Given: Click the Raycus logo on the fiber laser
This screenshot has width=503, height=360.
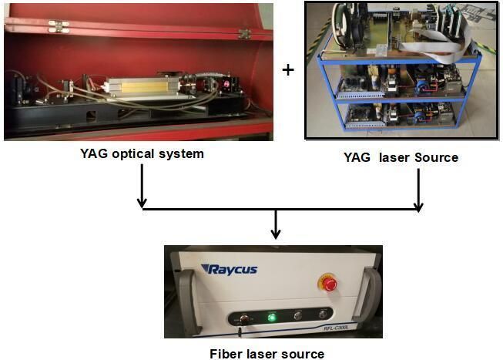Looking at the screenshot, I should click(x=230, y=269).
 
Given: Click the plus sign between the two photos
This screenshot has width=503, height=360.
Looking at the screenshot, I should click(x=288, y=70).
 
